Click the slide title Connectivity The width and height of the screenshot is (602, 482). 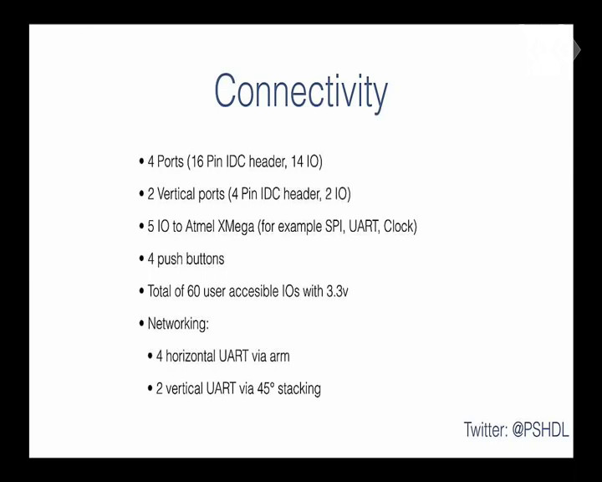coord(301,91)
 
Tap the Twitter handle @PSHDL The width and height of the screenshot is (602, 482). coord(540,430)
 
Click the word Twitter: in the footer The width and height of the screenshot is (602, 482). coord(486,429)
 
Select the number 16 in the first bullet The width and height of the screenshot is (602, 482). coord(197,162)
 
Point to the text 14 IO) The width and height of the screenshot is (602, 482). coord(306,162)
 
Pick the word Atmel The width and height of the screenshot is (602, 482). coord(200,227)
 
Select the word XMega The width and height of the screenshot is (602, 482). coord(236,227)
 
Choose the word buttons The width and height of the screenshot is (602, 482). coord(206,259)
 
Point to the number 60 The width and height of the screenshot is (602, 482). coord(193,291)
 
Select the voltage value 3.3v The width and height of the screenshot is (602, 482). coord(337,292)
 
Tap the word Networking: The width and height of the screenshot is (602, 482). coord(178,324)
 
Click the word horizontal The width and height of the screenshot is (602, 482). coord(191,356)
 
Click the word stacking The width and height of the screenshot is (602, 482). coord(299,389)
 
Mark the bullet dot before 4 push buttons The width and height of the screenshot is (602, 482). coord(141,259)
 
